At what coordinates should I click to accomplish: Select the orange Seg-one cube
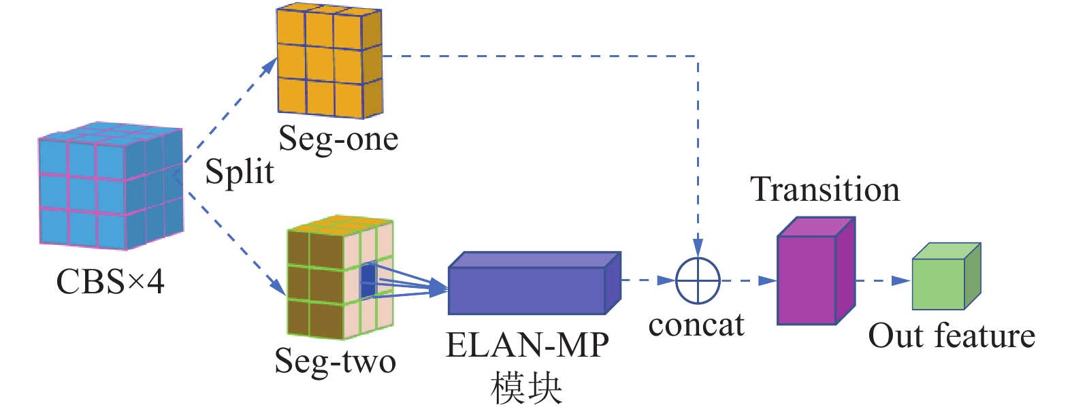tap(329, 61)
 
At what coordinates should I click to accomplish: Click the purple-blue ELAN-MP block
tap(534, 284)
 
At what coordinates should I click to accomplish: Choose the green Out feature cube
tap(945, 278)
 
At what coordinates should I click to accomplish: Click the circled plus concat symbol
tap(698, 280)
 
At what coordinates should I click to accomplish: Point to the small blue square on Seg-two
tap(368, 280)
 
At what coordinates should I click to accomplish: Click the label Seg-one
tap(338, 139)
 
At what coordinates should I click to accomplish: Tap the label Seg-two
tap(335, 361)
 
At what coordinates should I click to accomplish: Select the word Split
tap(240, 172)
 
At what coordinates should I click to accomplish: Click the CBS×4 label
tap(110, 281)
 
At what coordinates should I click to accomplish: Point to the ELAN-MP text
tap(527, 345)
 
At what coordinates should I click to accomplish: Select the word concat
tap(696, 325)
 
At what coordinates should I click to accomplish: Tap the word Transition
tap(825, 189)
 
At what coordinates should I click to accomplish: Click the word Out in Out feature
tap(897, 336)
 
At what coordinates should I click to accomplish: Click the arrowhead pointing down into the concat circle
tap(698, 246)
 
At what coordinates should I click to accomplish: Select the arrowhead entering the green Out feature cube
tap(902, 280)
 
